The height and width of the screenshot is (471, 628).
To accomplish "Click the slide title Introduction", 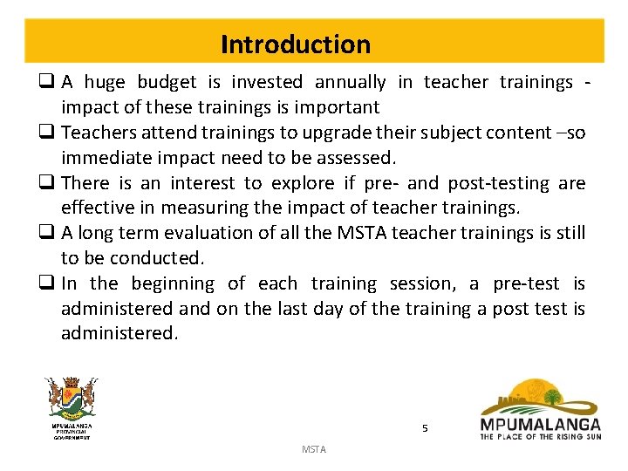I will point(295,44).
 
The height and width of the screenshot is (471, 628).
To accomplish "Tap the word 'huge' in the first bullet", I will point(105,82).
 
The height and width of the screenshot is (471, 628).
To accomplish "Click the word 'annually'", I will point(350,82).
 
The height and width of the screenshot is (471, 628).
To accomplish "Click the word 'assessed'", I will point(358,158).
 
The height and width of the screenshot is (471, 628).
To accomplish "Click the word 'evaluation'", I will point(201,234).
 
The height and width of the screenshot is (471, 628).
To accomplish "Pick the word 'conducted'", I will point(160,259).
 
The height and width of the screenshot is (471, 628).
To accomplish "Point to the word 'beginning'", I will point(172,284).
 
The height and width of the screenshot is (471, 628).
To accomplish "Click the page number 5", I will point(425,428).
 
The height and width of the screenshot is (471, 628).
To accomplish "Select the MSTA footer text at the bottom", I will point(313,449).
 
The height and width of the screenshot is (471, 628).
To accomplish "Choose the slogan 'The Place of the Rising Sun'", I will point(540,436).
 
